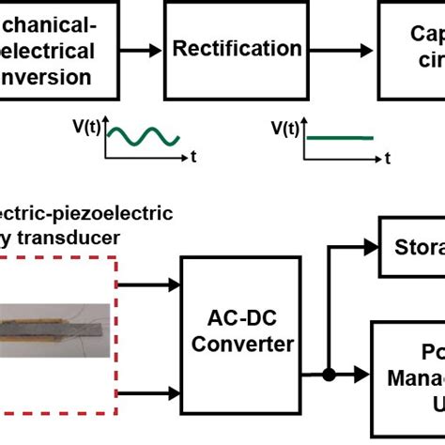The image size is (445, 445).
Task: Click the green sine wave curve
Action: pyautogui.click(x=142, y=137)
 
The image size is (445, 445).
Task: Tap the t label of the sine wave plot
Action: pyautogui.click(x=192, y=158)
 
